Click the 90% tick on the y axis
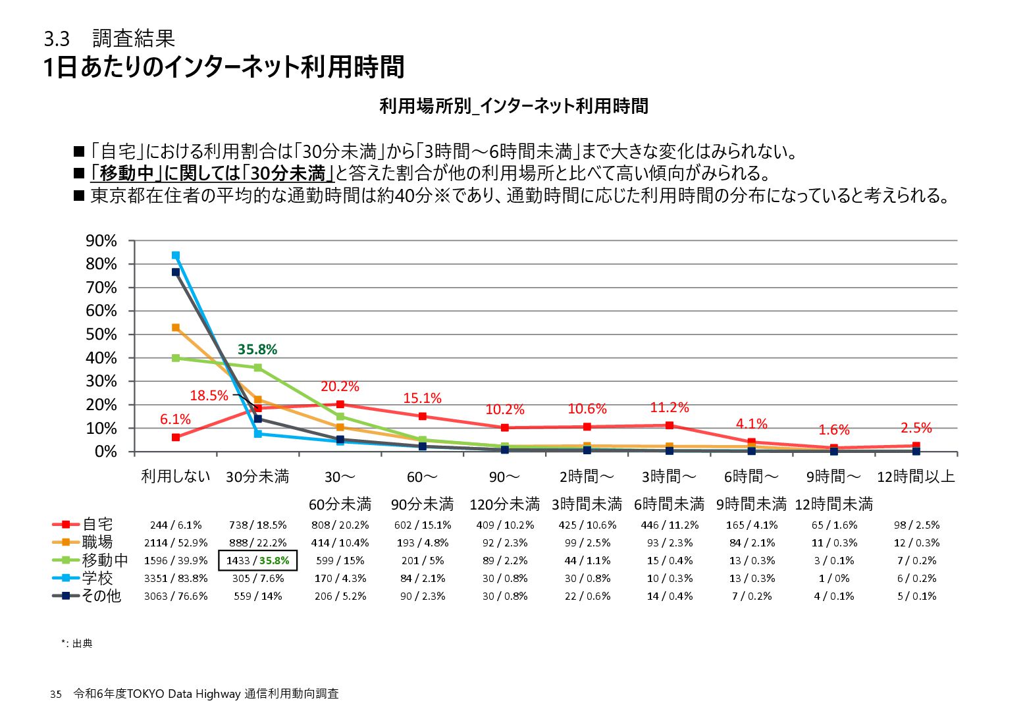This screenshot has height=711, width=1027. (101, 241)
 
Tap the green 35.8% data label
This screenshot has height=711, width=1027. (257, 350)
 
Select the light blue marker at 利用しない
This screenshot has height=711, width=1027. (176, 255)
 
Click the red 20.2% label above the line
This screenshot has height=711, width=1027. (340, 386)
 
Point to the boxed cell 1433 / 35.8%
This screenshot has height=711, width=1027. (257, 561)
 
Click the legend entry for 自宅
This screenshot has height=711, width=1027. (83, 525)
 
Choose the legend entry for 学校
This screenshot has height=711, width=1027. (83, 579)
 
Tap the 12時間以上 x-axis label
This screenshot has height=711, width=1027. (916, 477)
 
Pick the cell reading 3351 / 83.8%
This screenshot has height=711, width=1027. (176, 579)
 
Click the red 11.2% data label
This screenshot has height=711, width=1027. (669, 408)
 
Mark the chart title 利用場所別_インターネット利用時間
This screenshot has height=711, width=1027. (513, 106)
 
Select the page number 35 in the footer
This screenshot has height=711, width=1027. (56, 695)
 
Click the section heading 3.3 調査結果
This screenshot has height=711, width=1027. (109, 39)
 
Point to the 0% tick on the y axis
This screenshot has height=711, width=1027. (105, 452)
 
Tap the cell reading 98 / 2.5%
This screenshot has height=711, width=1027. (916, 525)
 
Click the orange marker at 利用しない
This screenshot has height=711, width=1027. (176, 328)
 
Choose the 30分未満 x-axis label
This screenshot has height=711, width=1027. (257, 477)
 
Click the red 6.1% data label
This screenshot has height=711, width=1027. (175, 419)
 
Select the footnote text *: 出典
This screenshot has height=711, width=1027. (77, 644)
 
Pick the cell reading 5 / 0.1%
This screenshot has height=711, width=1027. (916, 596)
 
